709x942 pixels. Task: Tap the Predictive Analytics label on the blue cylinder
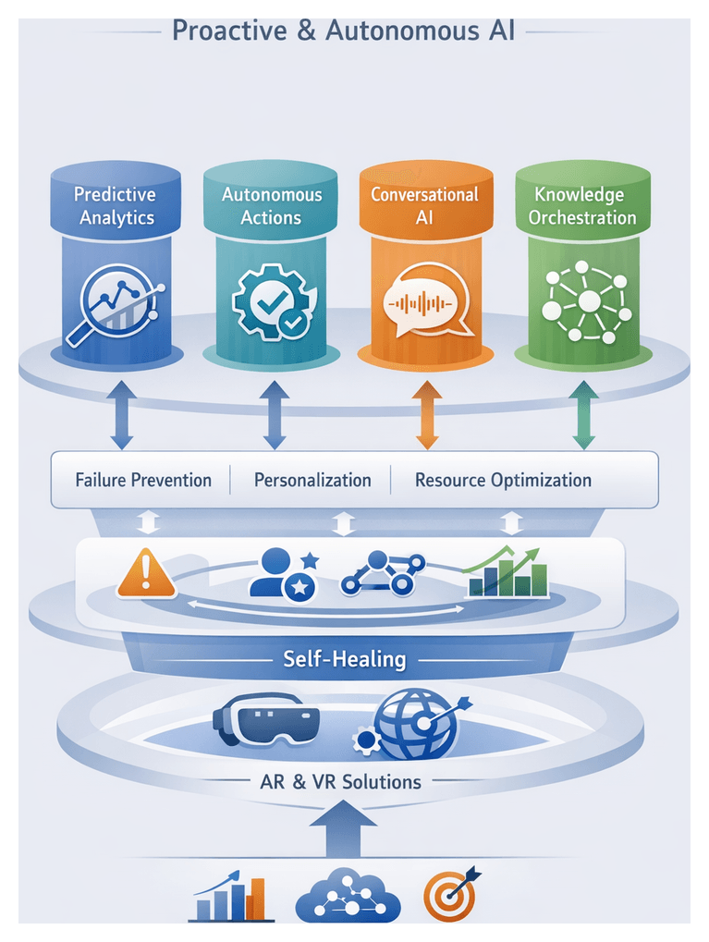coord(116,206)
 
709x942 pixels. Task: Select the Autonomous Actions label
coord(271,206)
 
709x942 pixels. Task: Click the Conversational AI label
coord(424,206)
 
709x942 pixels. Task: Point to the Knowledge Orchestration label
coord(582,206)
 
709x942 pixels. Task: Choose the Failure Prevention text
coord(143,480)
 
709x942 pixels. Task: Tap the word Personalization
coord(312,480)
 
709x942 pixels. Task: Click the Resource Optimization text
coord(503,480)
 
